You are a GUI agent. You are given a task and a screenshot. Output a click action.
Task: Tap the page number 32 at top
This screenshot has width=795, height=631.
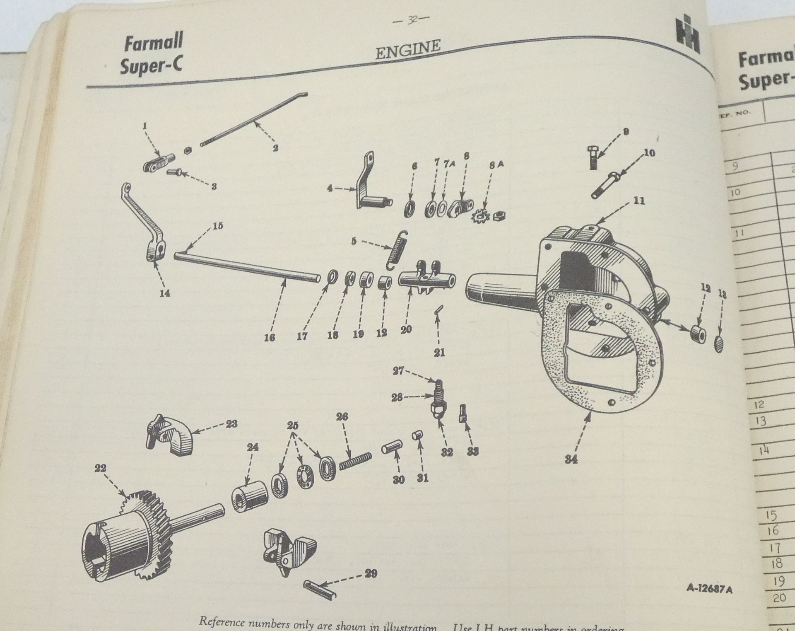pos(412,19)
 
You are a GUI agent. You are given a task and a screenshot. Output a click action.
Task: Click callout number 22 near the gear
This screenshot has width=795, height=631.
pos(100,469)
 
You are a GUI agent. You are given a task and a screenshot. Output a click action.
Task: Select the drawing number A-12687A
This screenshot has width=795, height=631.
pos(709,589)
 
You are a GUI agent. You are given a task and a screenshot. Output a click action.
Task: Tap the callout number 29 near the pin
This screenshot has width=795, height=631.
pos(371,574)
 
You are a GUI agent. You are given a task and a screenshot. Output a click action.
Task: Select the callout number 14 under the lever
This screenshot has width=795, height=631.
pos(165,293)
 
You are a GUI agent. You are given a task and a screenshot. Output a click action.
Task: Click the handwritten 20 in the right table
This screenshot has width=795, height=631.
pos(779,598)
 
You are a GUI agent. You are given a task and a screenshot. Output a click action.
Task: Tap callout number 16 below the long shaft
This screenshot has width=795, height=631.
pos(269,337)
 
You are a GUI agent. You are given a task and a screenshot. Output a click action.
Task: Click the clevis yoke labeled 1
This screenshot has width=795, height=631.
pos(158,163)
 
